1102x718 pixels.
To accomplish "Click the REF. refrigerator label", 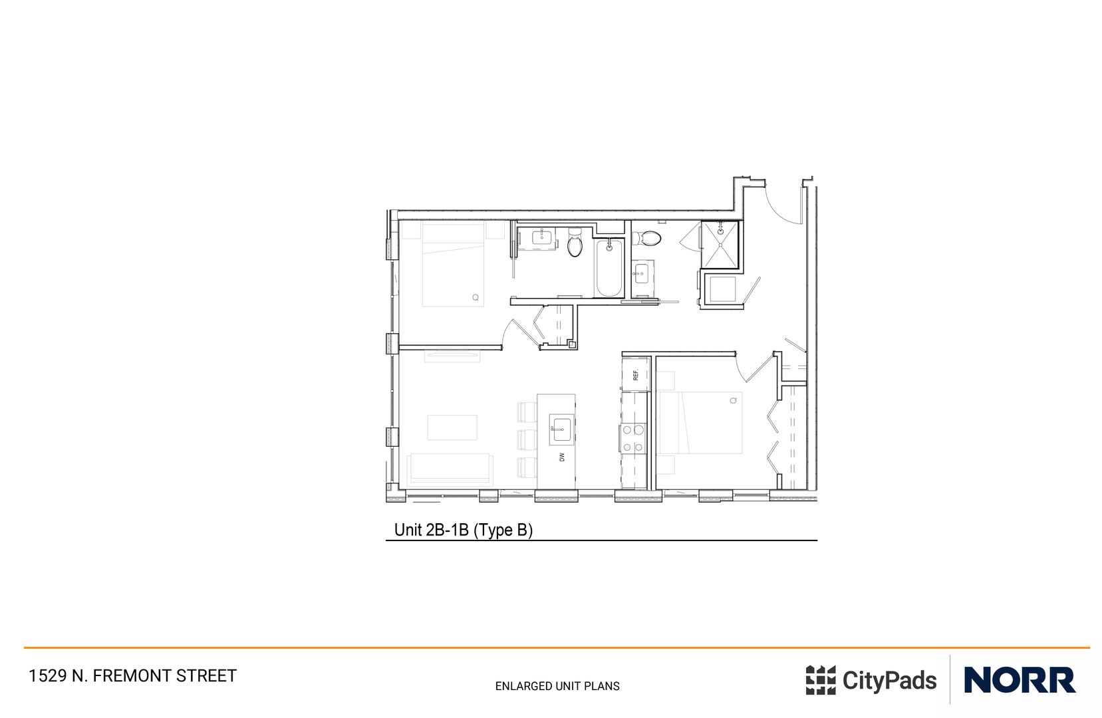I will [636, 375].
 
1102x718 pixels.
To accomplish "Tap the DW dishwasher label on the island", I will [562, 457].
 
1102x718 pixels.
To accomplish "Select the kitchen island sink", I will [561, 429].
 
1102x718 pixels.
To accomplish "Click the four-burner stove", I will [633, 439].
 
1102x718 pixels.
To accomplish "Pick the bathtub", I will [609, 269].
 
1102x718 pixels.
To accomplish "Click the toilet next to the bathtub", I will [575, 245].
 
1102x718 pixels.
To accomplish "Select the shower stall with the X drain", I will [719, 244].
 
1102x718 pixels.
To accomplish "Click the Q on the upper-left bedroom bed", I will [476, 297].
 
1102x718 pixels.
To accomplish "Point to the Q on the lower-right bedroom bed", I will [734, 400].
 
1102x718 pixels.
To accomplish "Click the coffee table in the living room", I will [452, 427].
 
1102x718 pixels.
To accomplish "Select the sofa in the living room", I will [450, 469].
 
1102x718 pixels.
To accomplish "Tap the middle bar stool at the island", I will [527, 439].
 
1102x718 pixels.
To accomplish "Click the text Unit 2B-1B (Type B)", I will [464, 530].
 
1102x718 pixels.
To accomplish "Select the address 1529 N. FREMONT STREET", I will [132, 676].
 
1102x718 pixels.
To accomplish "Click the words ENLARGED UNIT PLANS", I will [557, 686].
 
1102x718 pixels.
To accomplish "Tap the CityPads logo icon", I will [820, 680].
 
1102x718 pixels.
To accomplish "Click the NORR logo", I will [1019, 680].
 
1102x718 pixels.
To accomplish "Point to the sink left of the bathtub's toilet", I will [544, 239].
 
